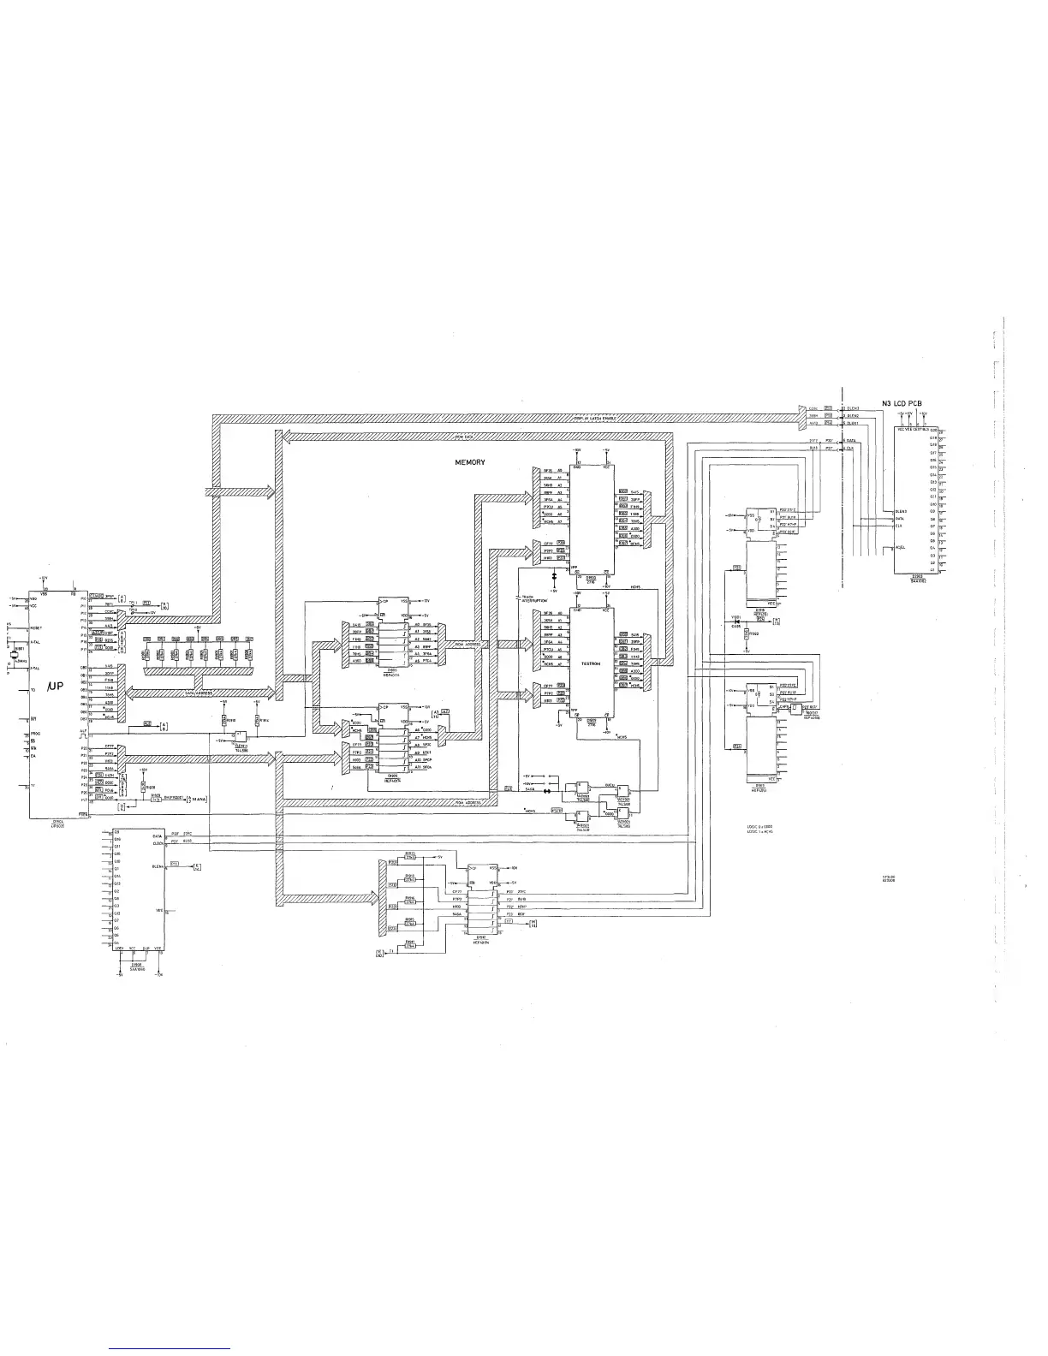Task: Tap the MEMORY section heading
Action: coord(470,462)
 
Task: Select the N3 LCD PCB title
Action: coord(907,403)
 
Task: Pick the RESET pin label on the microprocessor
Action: coord(39,628)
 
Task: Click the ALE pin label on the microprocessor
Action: coord(83,730)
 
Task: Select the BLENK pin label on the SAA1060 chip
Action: coord(158,866)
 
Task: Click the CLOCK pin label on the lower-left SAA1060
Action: coord(158,843)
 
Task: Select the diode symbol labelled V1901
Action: coord(735,621)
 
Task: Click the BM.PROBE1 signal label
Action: coord(177,798)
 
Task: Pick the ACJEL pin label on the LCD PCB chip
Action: coord(900,548)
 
